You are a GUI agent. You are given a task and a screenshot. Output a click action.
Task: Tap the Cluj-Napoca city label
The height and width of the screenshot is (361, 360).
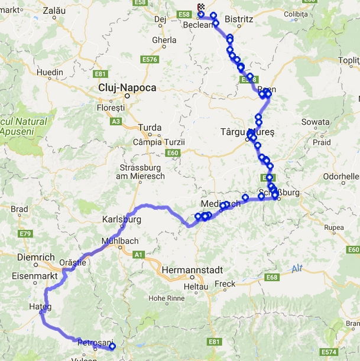point(127,87)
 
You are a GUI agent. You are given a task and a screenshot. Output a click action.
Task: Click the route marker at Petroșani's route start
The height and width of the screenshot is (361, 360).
point(112,347)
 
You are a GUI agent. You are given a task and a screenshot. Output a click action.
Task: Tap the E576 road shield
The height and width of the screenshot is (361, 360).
point(150,60)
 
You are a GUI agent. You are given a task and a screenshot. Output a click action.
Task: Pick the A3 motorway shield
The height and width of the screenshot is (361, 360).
point(116,121)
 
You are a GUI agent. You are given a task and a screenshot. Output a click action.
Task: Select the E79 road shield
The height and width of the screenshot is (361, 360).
point(25,235)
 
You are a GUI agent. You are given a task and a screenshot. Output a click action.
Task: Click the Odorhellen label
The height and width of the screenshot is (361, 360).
point(341,176)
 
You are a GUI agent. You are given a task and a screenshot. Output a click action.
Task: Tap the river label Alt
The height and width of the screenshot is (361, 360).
point(297,269)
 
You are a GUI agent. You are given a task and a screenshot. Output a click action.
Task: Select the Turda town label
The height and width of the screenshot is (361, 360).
point(149,128)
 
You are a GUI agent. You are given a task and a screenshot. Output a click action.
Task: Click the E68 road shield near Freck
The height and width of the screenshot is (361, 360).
point(272,278)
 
